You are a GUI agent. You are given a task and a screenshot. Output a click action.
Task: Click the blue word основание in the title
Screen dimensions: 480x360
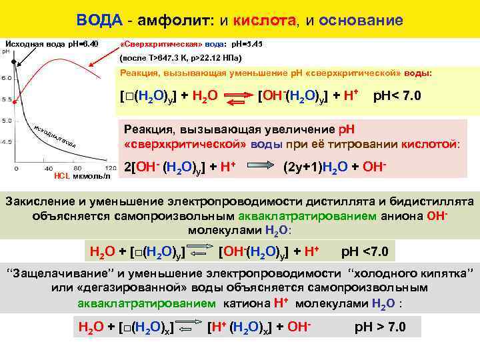[361, 20]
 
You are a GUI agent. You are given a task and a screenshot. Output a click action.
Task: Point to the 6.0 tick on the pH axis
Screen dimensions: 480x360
[5, 78]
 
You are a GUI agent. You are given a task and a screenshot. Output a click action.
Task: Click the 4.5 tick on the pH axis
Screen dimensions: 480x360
[5, 142]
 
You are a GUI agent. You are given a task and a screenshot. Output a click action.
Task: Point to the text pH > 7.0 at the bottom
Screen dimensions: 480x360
[379, 327]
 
